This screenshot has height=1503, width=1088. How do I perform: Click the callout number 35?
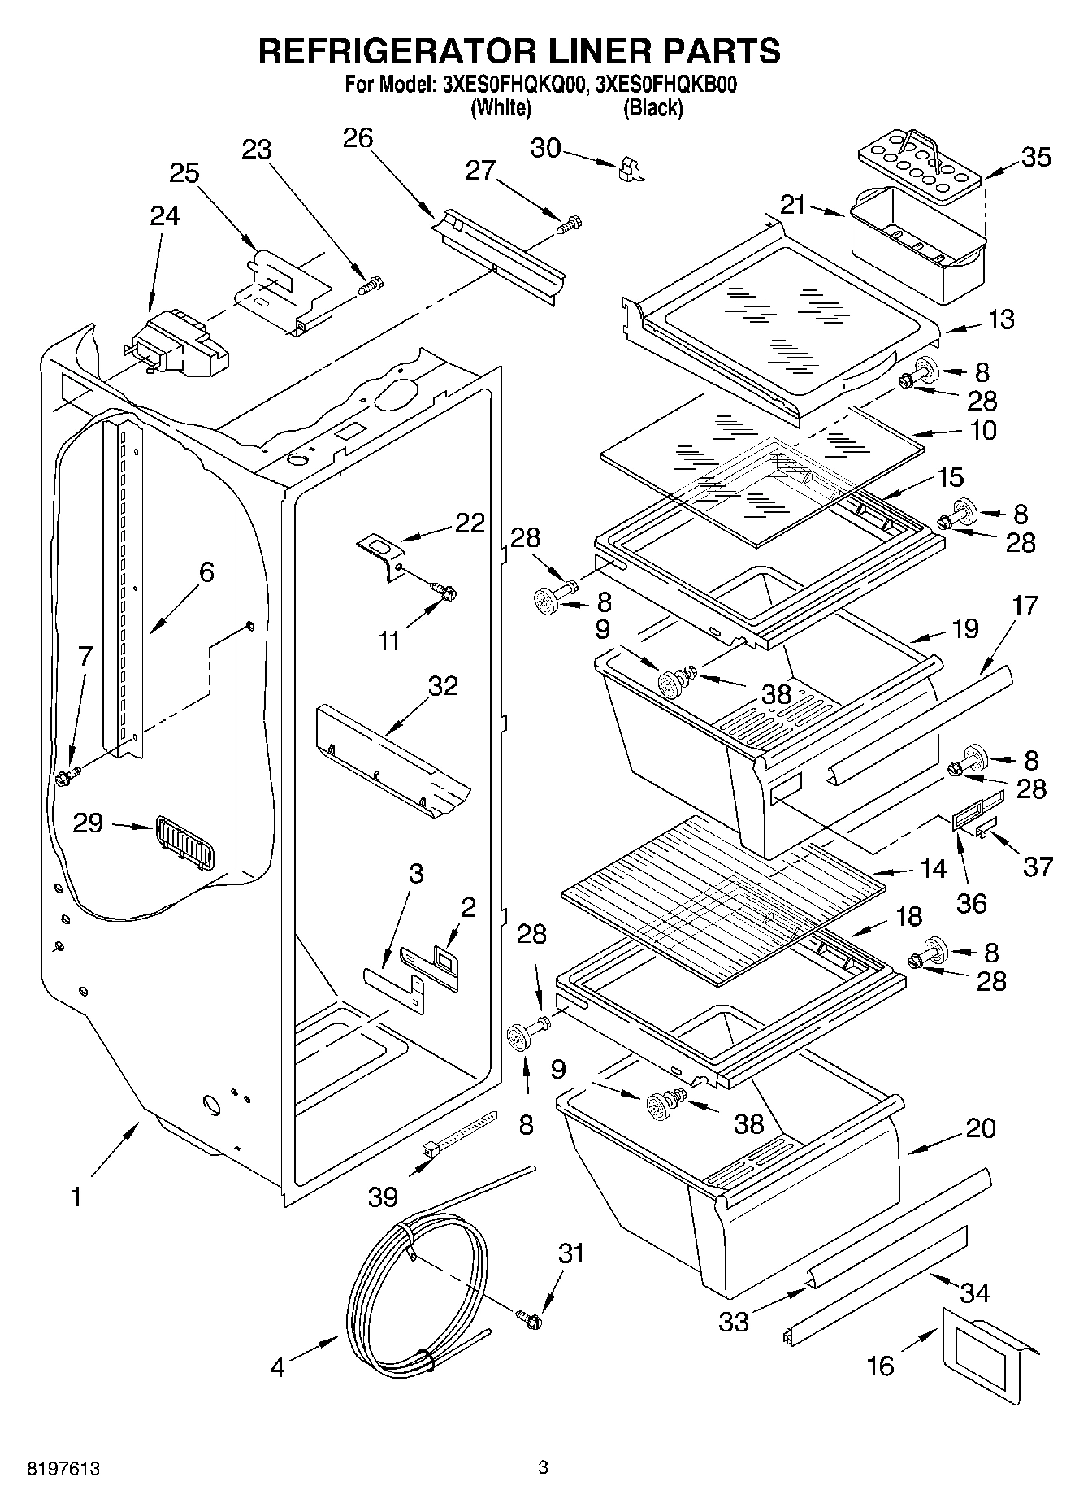point(1035,157)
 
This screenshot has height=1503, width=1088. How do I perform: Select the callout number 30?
point(546,148)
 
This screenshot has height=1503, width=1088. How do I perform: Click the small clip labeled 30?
point(629,169)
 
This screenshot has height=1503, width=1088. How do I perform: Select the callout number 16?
point(879,1366)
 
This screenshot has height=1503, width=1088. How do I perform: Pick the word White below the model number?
point(501,108)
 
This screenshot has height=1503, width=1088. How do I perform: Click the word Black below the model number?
point(652,108)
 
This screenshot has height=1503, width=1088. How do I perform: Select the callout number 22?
point(469,523)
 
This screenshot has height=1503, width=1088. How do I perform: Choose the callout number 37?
point(1038,867)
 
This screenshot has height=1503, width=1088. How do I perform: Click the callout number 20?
point(980,1128)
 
